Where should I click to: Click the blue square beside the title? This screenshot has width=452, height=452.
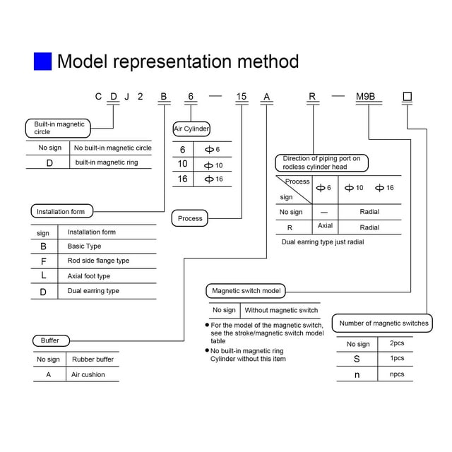pyautogui.click(x=42, y=61)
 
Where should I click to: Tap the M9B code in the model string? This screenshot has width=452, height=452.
pyautogui.click(x=365, y=96)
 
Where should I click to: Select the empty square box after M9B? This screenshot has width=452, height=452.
pyautogui.click(x=407, y=96)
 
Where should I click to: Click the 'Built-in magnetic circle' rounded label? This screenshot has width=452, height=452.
pyautogui.click(x=58, y=128)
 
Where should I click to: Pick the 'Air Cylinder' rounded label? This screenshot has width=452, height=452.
pyautogui.click(x=191, y=129)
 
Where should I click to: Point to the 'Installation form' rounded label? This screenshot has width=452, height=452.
pyautogui.click(x=62, y=211)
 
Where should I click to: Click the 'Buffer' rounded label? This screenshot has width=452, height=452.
pyautogui.click(x=51, y=340)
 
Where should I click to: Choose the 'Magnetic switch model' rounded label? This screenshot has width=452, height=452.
pyautogui.click(x=246, y=291)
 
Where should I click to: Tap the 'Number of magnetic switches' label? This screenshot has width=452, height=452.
pyautogui.click(x=382, y=323)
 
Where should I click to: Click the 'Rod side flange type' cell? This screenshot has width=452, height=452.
pyautogui.click(x=98, y=261)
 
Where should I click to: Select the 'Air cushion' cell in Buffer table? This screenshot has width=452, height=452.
pyautogui.click(x=88, y=374)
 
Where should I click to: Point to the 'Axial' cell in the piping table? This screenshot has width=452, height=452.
pyautogui.click(x=325, y=225)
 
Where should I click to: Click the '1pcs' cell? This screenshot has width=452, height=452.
pyautogui.click(x=397, y=358)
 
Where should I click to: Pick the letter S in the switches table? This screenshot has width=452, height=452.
pyautogui.click(x=357, y=359)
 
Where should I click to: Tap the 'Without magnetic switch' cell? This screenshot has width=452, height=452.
pyautogui.click(x=281, y=310)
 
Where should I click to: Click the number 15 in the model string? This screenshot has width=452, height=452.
pyautogui.click(x=242, y=96)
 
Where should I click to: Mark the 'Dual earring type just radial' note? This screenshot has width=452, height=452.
pyautogui.click(x=323, y=242)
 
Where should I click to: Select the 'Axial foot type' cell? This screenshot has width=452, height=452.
pyautogui.click(x=89, y=276)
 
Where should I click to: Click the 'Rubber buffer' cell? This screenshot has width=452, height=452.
pyautogui.click(x=93, y=359)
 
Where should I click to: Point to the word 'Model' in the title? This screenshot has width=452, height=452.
pyautogui.click(x=82, y=61)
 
